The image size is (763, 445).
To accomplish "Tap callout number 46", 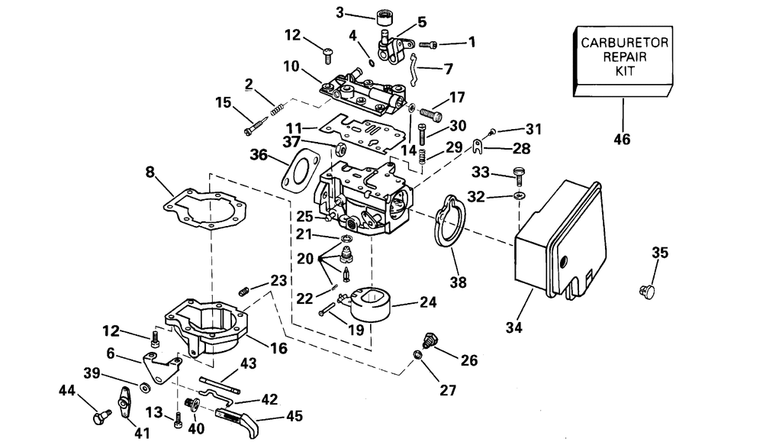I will tap(623, 140).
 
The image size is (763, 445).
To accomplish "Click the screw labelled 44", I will tap(98, 417).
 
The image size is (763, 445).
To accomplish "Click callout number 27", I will tap(448, 390).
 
